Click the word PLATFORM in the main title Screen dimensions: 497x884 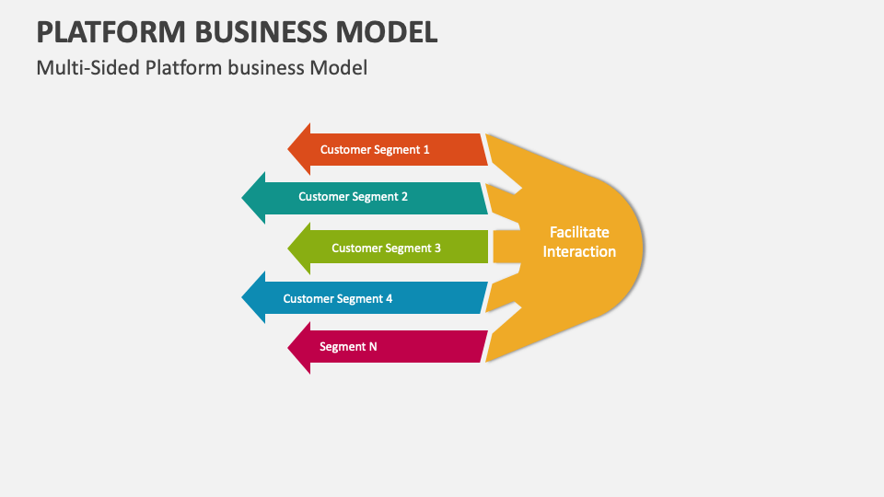pos(110,32)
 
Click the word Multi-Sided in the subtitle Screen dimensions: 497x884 pos(87,68)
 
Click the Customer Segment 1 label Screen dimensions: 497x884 pos(375,149)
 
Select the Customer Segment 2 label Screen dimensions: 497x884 pos(353,197)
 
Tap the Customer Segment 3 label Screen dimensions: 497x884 pos(386,248)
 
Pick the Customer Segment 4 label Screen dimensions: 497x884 pos(338,299)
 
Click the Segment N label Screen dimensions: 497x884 pos(348,347)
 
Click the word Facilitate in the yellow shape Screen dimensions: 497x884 pos(579,233)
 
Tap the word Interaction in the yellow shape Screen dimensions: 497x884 pos(579,252)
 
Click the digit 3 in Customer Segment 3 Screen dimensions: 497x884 pos(437,248)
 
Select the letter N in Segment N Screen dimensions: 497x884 pos(373,347)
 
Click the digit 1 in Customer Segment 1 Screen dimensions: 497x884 pos(426,149)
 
